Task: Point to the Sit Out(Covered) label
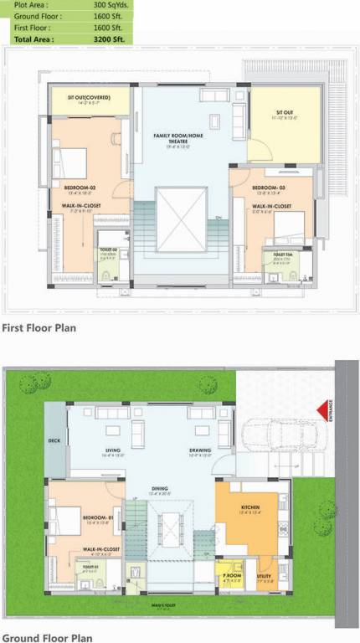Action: coord(88,97)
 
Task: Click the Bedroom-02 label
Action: coord(80,188)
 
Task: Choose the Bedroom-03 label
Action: coord(270,188)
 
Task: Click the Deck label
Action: coord(55,439)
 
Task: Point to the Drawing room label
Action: coord(199,450)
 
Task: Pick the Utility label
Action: coord(264,577)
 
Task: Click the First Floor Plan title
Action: coord(39,328)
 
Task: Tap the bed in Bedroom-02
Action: coord(71,159)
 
